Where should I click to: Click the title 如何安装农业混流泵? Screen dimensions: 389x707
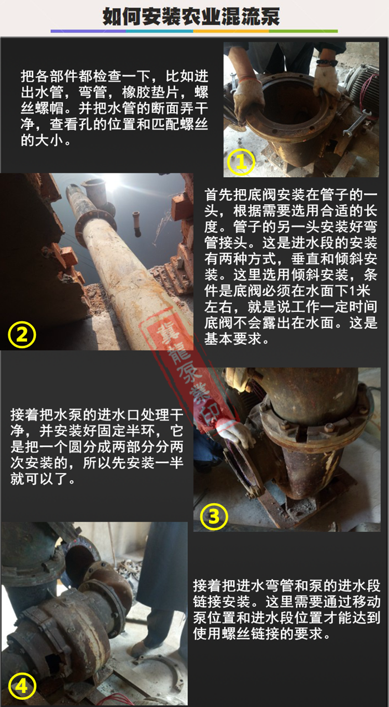191,17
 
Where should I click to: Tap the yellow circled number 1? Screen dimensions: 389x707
241,162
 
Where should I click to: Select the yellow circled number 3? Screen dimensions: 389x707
214,516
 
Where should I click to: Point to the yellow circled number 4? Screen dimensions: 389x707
22,686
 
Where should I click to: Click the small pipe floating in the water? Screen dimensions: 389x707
137,223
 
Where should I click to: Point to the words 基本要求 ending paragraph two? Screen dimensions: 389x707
233,338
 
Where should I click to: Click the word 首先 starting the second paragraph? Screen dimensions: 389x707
218,195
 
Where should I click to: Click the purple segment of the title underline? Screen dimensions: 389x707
88,31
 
